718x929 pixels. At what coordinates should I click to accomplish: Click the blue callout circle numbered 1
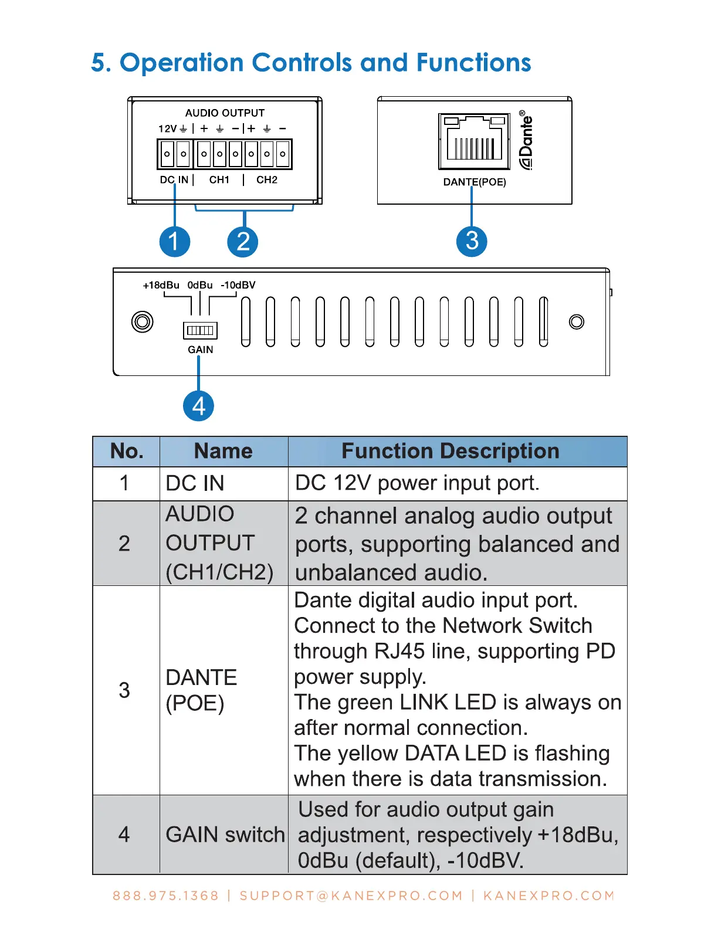pyautogui.click(x=175, y=241)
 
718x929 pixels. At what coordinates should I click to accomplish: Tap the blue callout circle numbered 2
pyautogui.click(x=243, y=241)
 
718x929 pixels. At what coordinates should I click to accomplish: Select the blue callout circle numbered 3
pyautogui.click(x=472, y=241)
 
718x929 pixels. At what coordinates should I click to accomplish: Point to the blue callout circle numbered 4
pyautogui.click(x=198, y=406)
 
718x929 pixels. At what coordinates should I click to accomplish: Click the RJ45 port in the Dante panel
pyautogui.click(x=475, y=141)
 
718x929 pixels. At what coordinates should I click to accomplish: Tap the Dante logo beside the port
pyautogui.click(x=526, y=141)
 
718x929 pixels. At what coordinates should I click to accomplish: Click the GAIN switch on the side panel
pyautogui.click(x=200, y=331)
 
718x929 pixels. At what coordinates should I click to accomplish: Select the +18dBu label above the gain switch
pyautogui.click(x=161, y=285)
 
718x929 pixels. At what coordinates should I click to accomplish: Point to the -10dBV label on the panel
pyautogui.click(x=238, y=285)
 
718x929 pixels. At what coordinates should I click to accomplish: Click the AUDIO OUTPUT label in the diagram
pyautogui.click(x=225, y=113)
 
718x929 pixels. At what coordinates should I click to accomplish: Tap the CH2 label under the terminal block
pyautogui.click(x=267, y=180)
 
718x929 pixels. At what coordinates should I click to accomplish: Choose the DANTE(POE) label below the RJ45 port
pyautogui.click(x=475, y=182)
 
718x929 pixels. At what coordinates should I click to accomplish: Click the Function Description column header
pyautogui.click(x=450, y=451)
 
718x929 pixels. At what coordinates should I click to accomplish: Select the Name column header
pyautogui.click(x=223, y=451)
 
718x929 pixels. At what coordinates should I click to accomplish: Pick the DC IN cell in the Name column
pyautogui.click(x=195, y=483)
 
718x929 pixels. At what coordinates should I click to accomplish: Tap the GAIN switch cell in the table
pyautogui.click(x=225, y=835)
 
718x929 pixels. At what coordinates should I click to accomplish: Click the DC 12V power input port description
pyautogui.click(x=417, y=483)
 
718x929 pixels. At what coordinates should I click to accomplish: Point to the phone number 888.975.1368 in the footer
pyautogui.click(x=165, y=896)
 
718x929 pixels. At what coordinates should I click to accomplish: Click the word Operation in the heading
pyautogui.click(x=182, y=63)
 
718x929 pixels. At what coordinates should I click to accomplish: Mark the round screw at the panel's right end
pyautogui.click(x=577, y=321)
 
